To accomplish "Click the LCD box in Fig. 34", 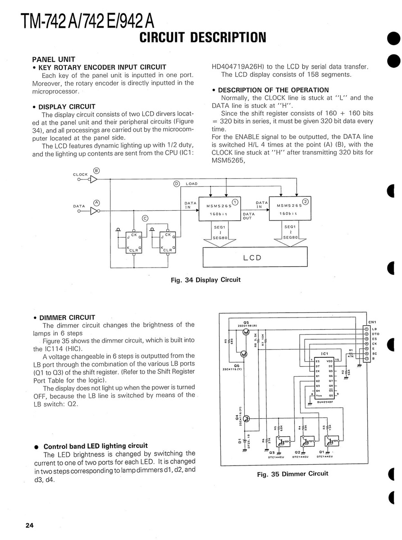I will click(x=252, y=258).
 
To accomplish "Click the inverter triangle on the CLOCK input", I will click(x=94, y=179).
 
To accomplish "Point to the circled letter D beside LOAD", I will click(x=177, y=184).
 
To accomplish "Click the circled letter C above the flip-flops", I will click(x=145, y=218).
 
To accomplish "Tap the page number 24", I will click(x=30, y=526).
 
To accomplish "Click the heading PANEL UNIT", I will click(x=54, y=59).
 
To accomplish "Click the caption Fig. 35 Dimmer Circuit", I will click(x=292, y=474).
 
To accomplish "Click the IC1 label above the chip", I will click(x=324, y=353).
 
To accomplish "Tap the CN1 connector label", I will click(x=372, y=322).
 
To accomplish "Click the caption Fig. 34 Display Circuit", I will click(x=206, y=280).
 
